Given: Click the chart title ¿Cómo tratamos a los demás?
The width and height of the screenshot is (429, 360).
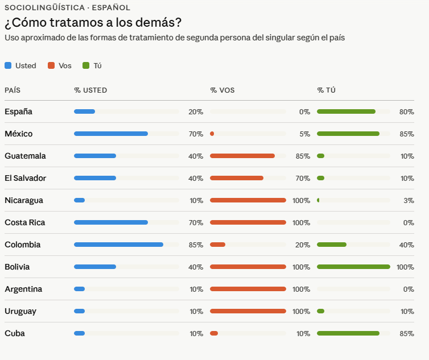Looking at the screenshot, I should point(94,23).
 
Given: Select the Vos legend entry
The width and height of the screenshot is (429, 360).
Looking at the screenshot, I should point(60,65).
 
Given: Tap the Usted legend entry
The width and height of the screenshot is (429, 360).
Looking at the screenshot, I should point(20,65).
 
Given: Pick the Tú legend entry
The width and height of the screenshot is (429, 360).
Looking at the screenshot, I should point(92,65).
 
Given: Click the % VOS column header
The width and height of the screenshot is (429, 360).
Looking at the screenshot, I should point(222,90).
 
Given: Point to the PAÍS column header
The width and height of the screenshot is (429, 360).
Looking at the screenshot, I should point(13,90).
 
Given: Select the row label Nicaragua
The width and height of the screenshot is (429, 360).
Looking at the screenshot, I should point(24,200).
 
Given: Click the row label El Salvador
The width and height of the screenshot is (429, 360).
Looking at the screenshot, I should point(25,178).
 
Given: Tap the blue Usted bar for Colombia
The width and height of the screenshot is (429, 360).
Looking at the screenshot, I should point(118,245).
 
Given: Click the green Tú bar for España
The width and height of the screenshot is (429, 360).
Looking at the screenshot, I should point(346,111).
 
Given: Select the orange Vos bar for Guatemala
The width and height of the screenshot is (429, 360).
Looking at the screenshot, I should point(242,156).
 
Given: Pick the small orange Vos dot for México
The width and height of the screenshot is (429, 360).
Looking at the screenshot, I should point(212,134).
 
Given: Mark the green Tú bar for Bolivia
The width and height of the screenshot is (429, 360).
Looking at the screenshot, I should point(353,267).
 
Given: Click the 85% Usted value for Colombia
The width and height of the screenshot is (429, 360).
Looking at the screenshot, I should point(196,245).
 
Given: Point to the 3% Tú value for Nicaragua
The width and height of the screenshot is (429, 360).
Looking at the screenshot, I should point(408,200).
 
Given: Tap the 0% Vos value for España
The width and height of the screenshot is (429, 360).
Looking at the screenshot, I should point(304,111).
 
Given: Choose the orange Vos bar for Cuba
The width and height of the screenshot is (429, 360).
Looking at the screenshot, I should point(214,333).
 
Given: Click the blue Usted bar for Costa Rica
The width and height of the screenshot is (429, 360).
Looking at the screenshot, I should point(111,222).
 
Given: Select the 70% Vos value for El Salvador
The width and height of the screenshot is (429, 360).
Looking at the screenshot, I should point(302,178).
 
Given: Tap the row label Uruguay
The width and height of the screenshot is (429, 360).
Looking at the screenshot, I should point(20,311).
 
